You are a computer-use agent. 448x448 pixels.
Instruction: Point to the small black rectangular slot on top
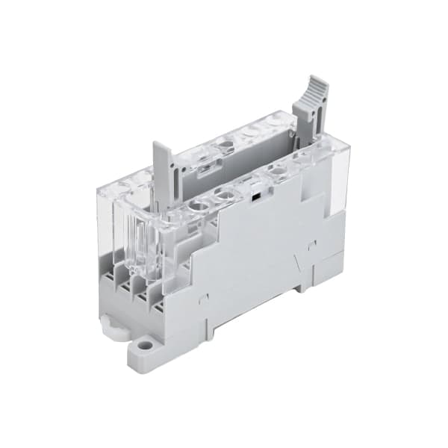click(255, 199)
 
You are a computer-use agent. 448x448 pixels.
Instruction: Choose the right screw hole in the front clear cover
click(225, 196)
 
